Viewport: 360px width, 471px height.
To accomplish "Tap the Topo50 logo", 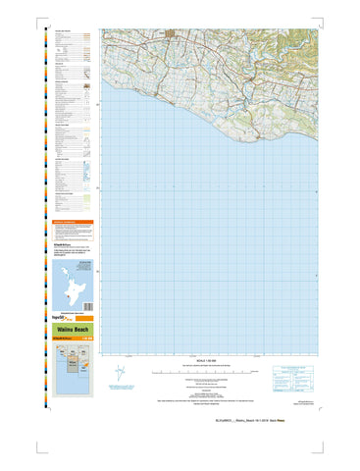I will pos(66,319).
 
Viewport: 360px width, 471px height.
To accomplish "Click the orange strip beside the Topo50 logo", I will pos(85,319).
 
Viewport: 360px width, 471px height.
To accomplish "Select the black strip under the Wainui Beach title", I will pos(76,338).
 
